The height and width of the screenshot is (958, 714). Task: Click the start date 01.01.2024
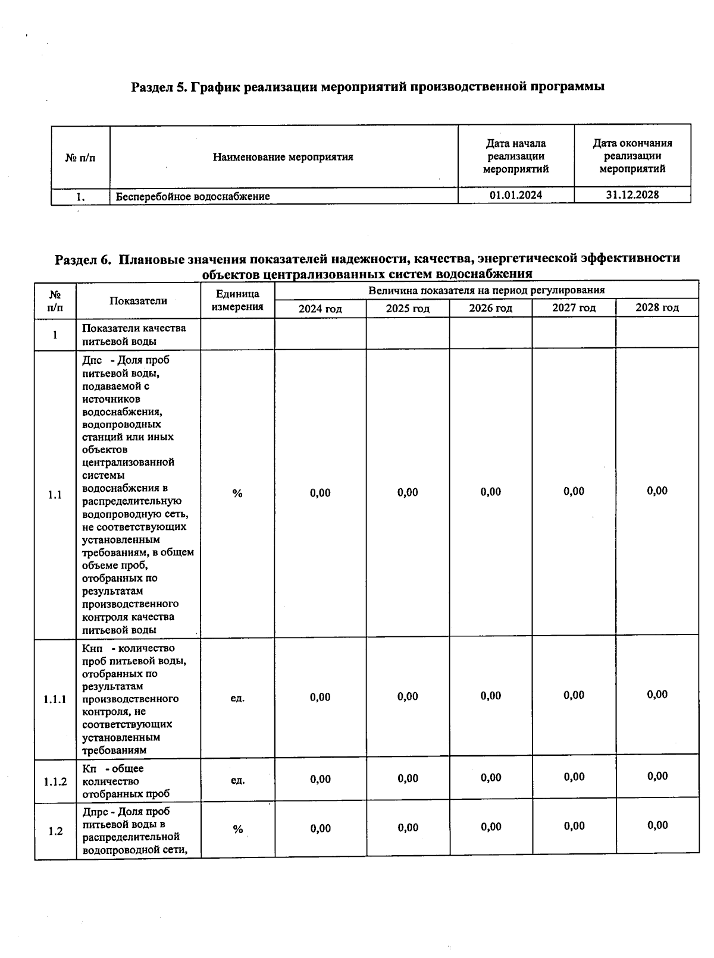point(515,195)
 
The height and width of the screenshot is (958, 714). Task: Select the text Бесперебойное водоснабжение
point(192,196)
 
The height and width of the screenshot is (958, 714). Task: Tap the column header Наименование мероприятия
point(283,157)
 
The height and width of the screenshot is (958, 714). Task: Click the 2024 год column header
point(320,309)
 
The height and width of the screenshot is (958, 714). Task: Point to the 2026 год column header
point(490,308)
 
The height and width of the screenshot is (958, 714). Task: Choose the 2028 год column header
point(657,307)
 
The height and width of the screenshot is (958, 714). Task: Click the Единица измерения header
point(237,300)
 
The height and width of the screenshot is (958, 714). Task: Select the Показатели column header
point(138,301)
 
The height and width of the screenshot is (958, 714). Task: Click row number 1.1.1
point(55,699)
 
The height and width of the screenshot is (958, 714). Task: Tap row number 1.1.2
point(55,781)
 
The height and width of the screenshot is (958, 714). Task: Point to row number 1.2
point(55,831)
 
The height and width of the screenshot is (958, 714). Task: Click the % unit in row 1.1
point(237,494)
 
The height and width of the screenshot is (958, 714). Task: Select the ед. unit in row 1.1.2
point(237,780)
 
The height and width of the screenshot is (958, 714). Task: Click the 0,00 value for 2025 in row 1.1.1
point(408,696)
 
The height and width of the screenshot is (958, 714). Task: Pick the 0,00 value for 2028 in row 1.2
point(657,825)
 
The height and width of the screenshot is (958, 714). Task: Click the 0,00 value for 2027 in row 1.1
point(574,491)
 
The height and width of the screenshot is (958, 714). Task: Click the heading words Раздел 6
point(83,259)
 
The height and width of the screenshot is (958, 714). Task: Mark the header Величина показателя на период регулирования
point(486,290)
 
